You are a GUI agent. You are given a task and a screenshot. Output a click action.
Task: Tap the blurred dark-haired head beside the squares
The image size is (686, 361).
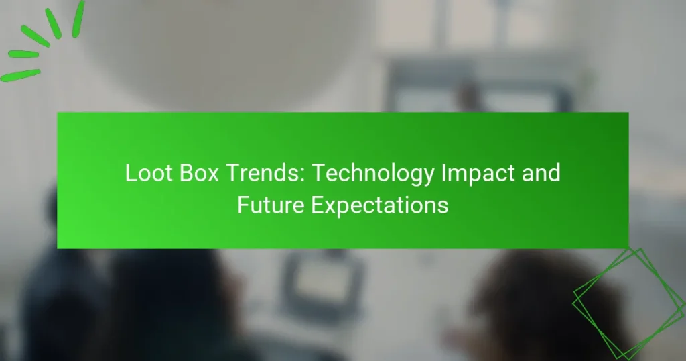529,302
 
